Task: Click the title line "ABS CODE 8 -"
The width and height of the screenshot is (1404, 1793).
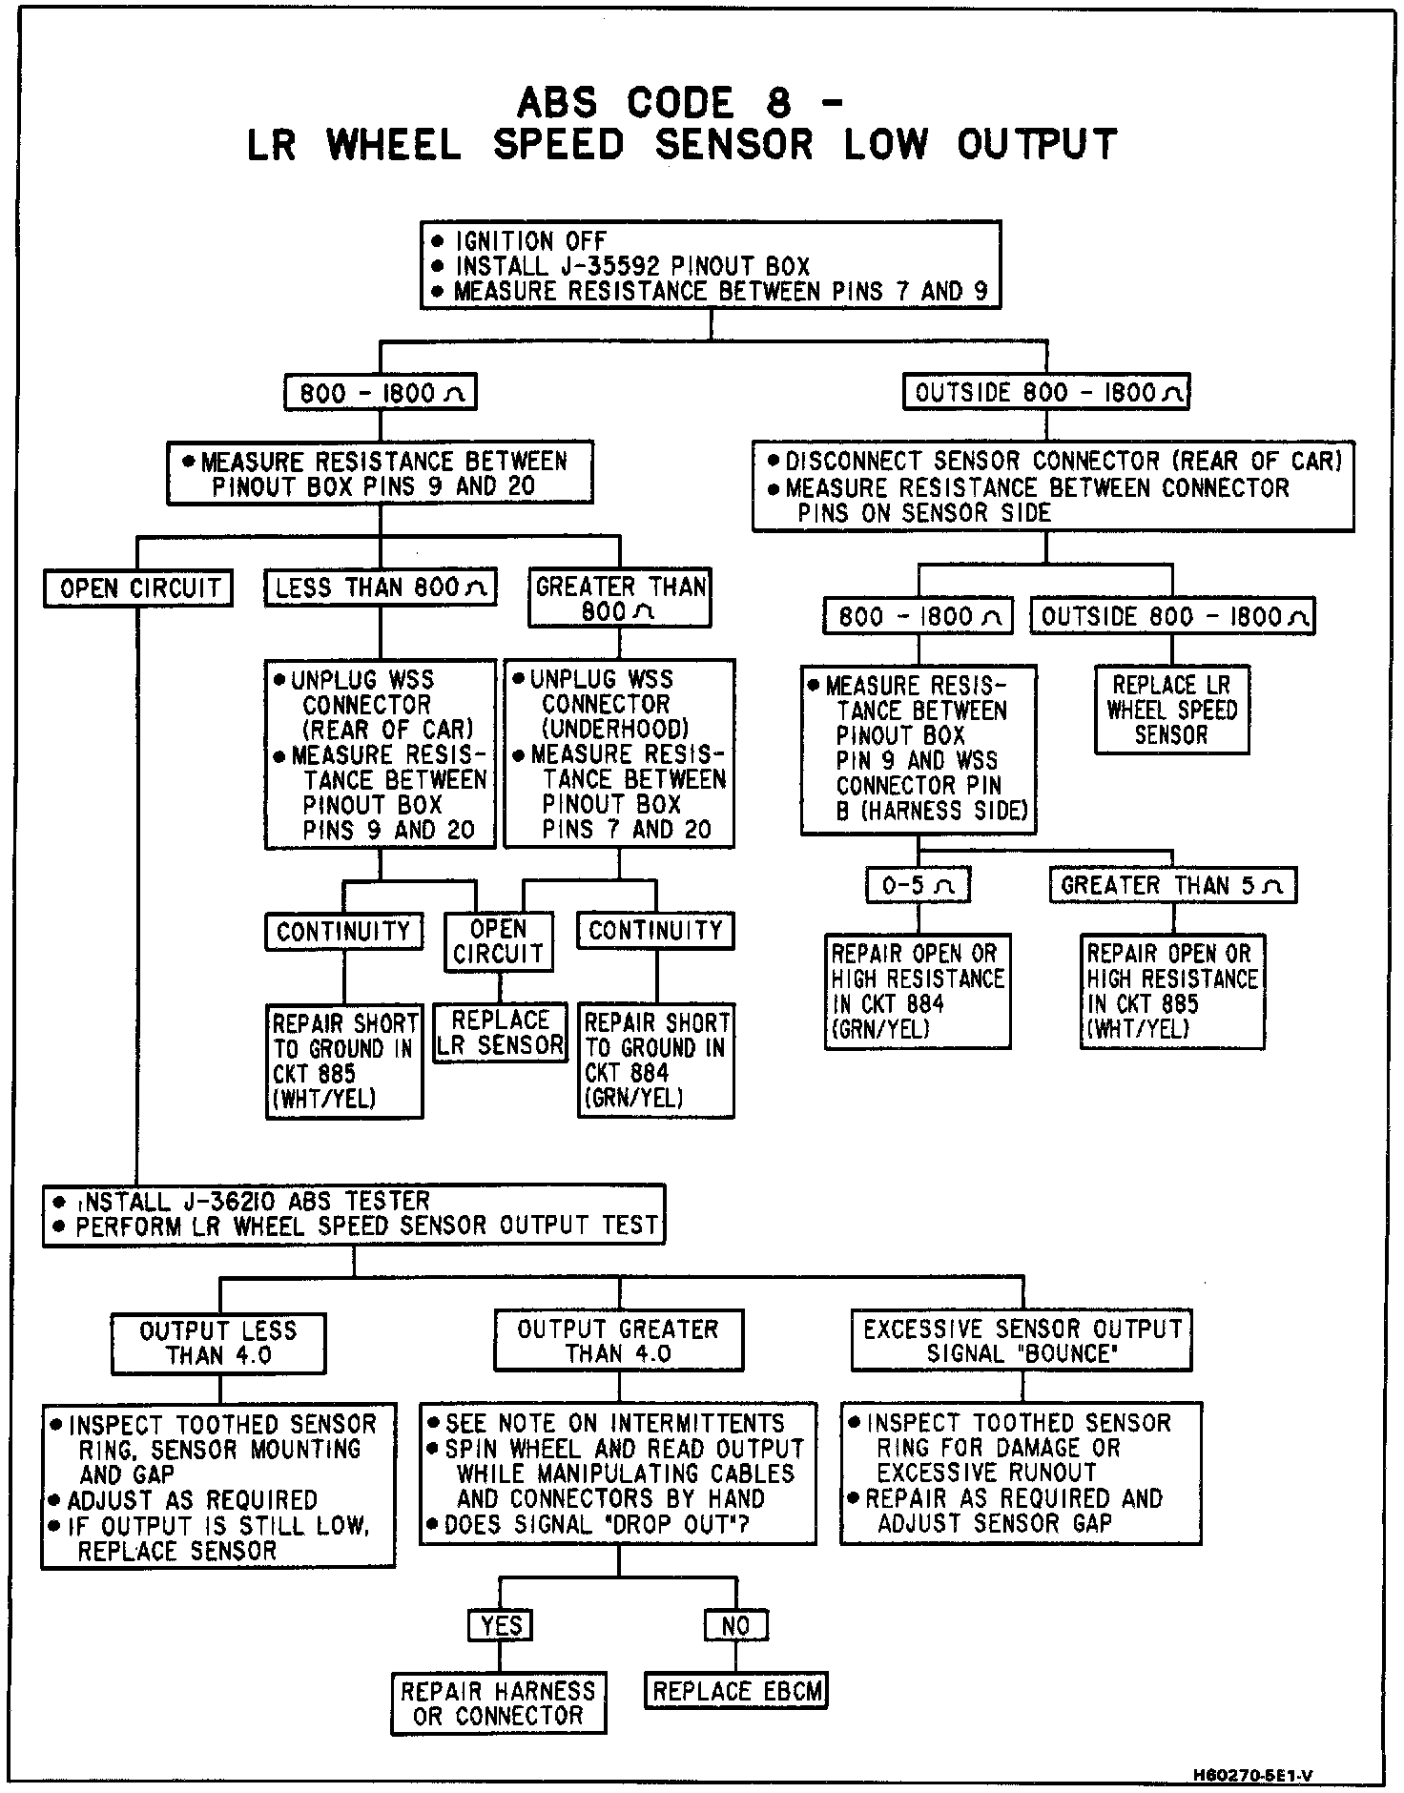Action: (679, 103)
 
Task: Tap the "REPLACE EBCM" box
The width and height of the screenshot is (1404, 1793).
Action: (736, 1691)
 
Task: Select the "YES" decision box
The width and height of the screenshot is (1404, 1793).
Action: (500, 1625)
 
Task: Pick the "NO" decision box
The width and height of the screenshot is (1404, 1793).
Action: (735, 1625)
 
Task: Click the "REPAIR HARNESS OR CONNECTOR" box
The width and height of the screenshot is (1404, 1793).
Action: (499, 1703)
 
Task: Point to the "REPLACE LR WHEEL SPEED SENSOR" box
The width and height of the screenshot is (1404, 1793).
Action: (1171, 710)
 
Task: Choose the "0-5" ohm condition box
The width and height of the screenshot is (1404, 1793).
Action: (918, 885)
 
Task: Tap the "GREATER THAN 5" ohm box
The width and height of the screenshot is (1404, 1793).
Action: (1172, 885)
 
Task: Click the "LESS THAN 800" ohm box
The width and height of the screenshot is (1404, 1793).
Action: (381, 587)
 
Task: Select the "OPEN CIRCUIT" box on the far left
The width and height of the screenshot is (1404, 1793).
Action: (138, 587)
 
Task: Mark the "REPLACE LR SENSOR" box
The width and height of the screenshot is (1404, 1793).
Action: (500, 1033)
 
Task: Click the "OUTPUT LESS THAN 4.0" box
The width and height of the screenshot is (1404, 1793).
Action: (218, 1343)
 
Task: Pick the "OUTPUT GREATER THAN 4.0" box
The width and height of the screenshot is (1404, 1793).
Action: (618, 1341)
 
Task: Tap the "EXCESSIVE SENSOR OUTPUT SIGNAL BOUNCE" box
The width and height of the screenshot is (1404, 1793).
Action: (1022, 1340)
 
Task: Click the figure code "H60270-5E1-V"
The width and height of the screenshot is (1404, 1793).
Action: (1252, 1775)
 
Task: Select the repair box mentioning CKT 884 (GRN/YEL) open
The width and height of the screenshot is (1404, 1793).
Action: (918, 991)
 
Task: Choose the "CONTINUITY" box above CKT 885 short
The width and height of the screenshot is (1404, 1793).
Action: (343, 931)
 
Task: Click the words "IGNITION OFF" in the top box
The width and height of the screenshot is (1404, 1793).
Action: (530, 241)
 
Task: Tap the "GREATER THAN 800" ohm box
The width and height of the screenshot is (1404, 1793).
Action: (620, 598)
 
